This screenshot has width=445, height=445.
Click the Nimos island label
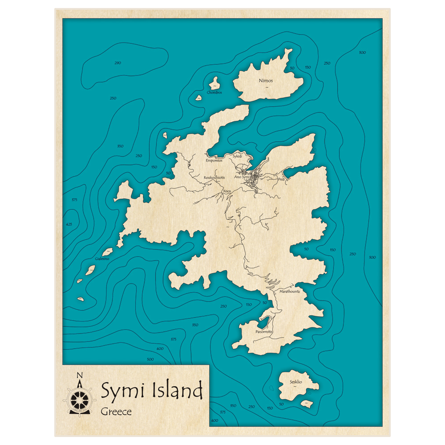click(x=266, y=81)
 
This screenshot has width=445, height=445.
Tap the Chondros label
click(x=214, y=93)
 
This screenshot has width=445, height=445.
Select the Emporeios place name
click(x=214, y=160)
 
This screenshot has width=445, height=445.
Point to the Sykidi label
click(x=237, y=156)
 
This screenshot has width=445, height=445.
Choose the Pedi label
click(x=281, y=179)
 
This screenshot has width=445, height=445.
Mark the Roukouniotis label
click(x=214, y=178)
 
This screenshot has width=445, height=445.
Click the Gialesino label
click(x=102, y=259)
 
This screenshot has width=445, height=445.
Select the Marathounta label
click(x=289, y=291)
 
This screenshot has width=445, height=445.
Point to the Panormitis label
click(x=264, y=332)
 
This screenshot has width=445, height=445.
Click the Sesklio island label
click(x=295, y=382)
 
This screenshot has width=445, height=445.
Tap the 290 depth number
click(x=117, y=63)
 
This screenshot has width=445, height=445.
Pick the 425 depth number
click(x=69, y=224)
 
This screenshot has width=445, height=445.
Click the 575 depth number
click(x=74, y=200)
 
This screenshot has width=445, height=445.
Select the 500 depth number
click(x=150, y=359)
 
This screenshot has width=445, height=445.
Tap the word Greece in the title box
click(x=116, y=412)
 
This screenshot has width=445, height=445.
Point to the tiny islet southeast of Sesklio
click(x=307, y=404)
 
